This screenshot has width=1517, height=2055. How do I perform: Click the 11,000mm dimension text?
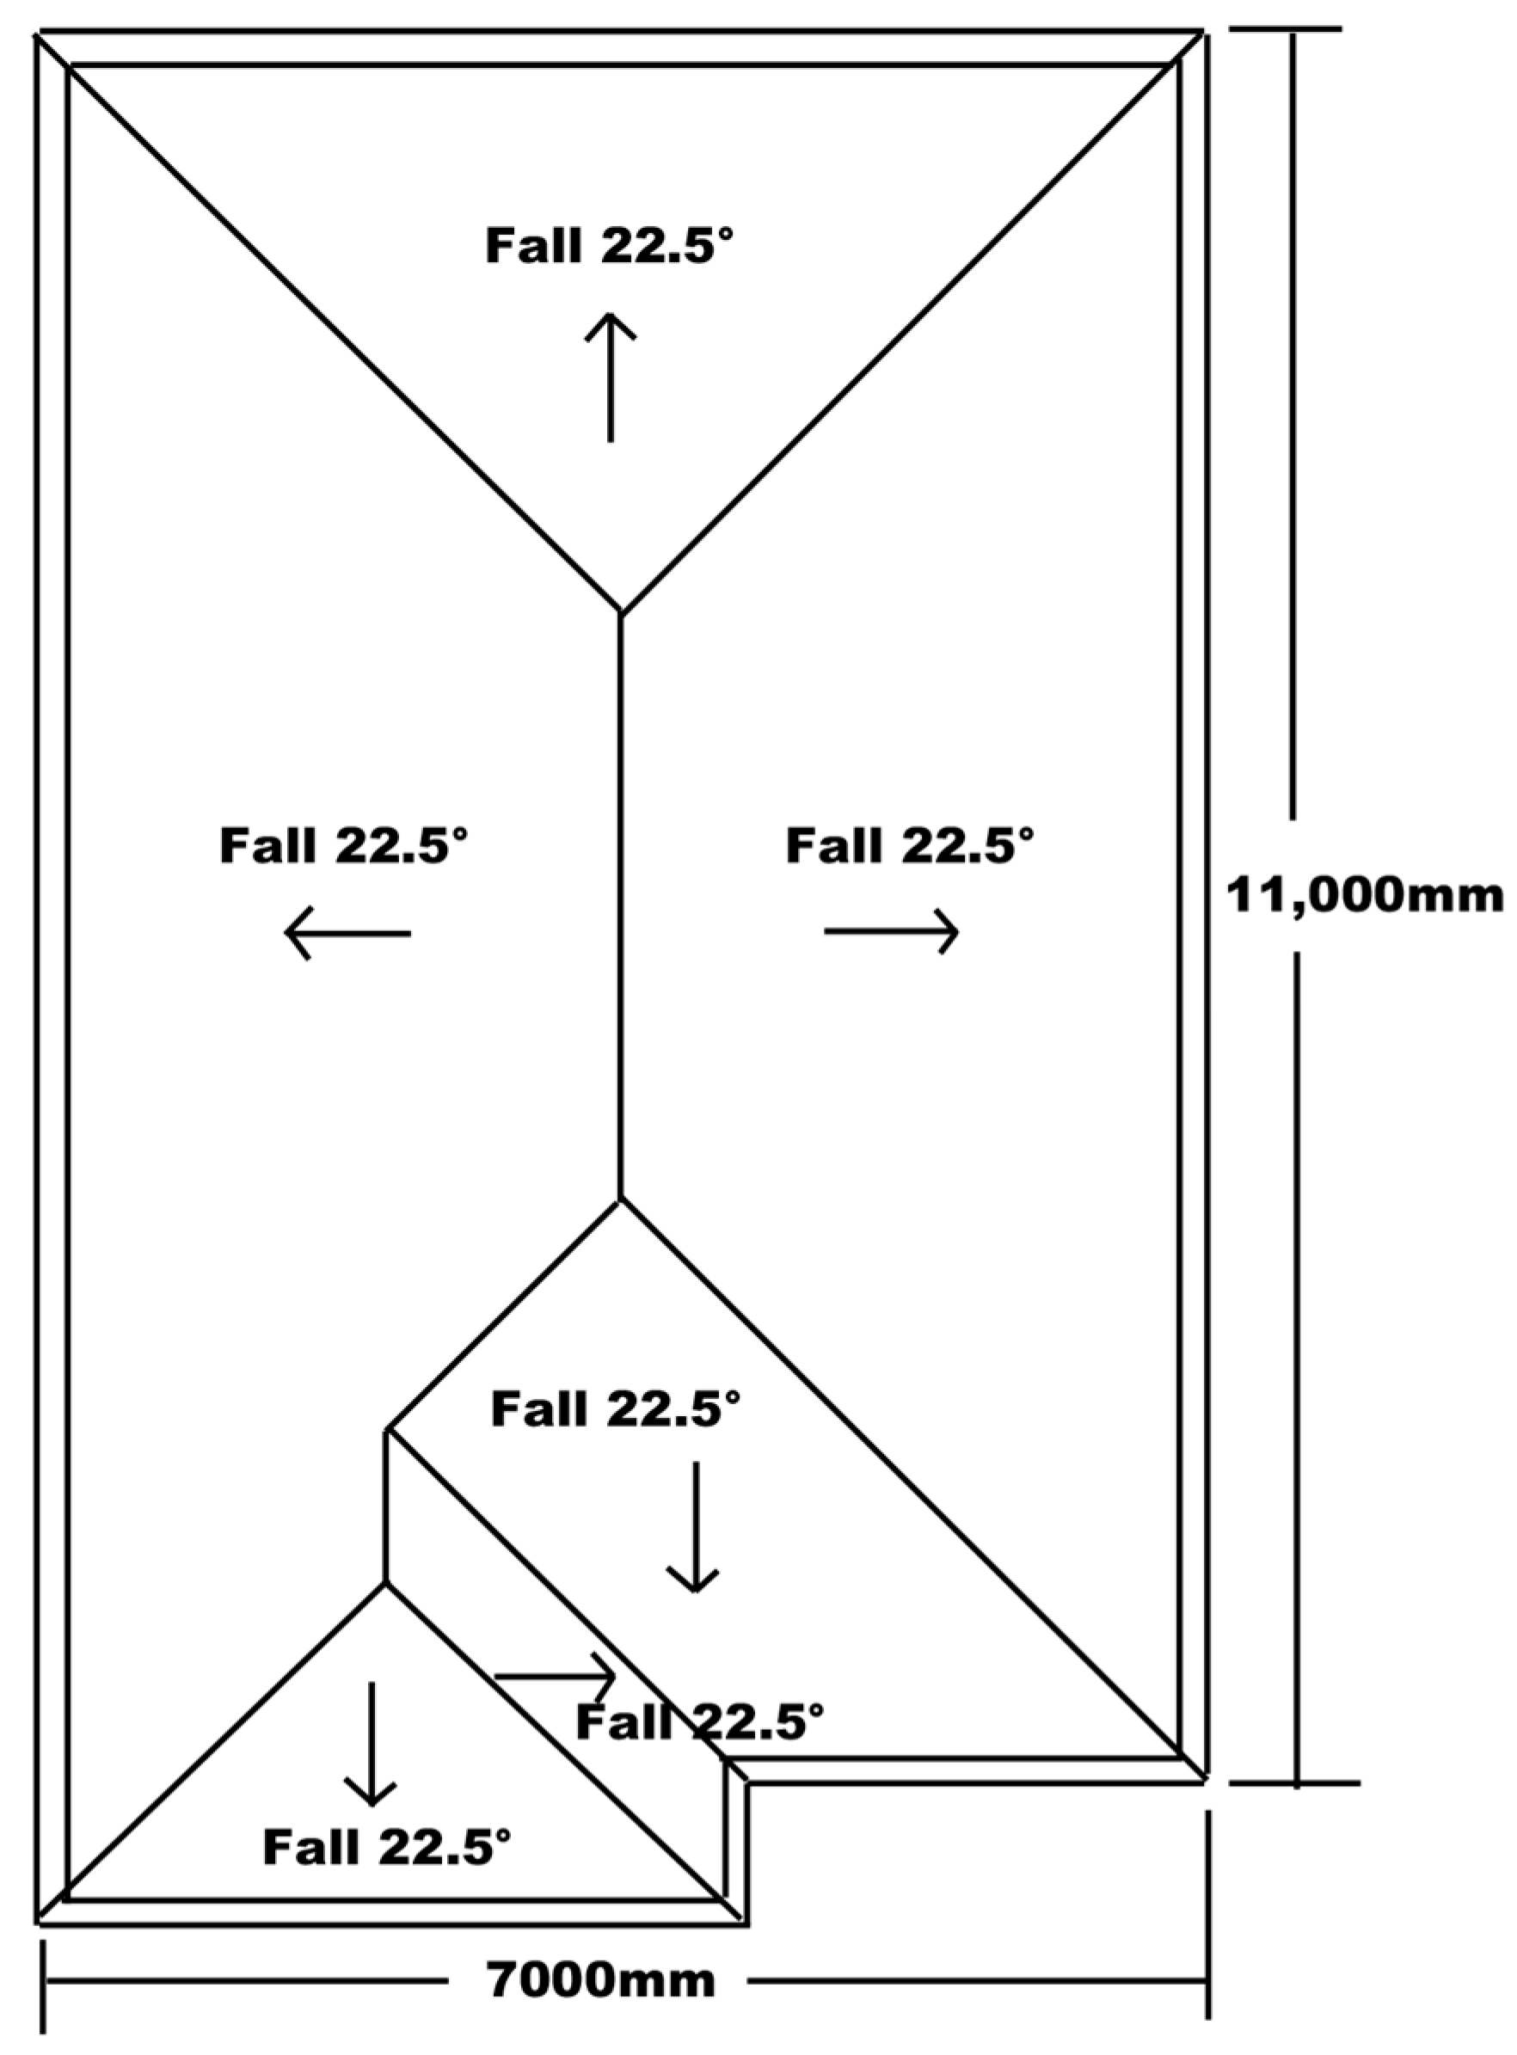(1365, 895)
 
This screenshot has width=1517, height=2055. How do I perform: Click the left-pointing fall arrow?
(347, 933)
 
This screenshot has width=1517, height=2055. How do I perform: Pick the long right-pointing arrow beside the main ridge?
(892, 932)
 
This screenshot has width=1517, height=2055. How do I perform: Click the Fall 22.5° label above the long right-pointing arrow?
(910, 844)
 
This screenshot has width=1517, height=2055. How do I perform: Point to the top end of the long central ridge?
(621, 612)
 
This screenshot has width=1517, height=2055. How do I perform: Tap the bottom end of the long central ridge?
(621, 1199)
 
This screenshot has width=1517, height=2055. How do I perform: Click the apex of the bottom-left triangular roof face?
(385, 1582)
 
